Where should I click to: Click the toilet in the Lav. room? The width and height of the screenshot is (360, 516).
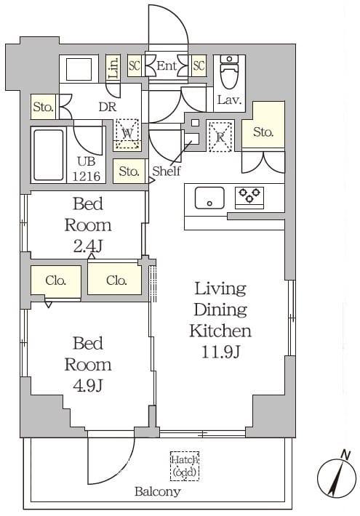tap(229, 72)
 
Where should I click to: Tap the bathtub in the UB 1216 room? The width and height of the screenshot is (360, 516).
tap(49, 155)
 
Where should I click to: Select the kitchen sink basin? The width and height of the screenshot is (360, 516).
tap(209, 198)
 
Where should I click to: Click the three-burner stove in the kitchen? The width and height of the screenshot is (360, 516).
tap(249, 198)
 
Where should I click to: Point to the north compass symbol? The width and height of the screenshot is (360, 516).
tap(337, 477)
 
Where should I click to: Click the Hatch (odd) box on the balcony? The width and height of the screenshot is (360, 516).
tap(185, 466)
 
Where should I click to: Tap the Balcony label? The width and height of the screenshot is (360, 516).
tap(158, 491)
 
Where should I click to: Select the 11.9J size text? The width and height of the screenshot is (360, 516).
tap(220, 352)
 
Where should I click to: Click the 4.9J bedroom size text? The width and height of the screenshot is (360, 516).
tap(88, 385)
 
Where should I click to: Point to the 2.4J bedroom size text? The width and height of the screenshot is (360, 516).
tap(88, 246)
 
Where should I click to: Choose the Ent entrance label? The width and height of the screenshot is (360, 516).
tap(167, 66)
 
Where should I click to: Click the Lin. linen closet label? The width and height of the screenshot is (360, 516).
tap(113, 68)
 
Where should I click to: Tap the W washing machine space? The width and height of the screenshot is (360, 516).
tap(127, 134)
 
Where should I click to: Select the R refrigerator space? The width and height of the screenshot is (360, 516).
tap(220, 136)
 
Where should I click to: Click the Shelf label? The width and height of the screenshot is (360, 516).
tap(167, 171)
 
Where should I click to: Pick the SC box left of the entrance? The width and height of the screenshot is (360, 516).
tap(135, 66)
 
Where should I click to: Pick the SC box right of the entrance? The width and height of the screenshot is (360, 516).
tap(199, 66)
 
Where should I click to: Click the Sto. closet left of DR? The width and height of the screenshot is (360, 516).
tap(43, 107)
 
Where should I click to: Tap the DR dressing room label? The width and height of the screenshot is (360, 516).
tap(108, 108)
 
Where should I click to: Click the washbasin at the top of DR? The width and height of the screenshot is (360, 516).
tap(79, 69)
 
